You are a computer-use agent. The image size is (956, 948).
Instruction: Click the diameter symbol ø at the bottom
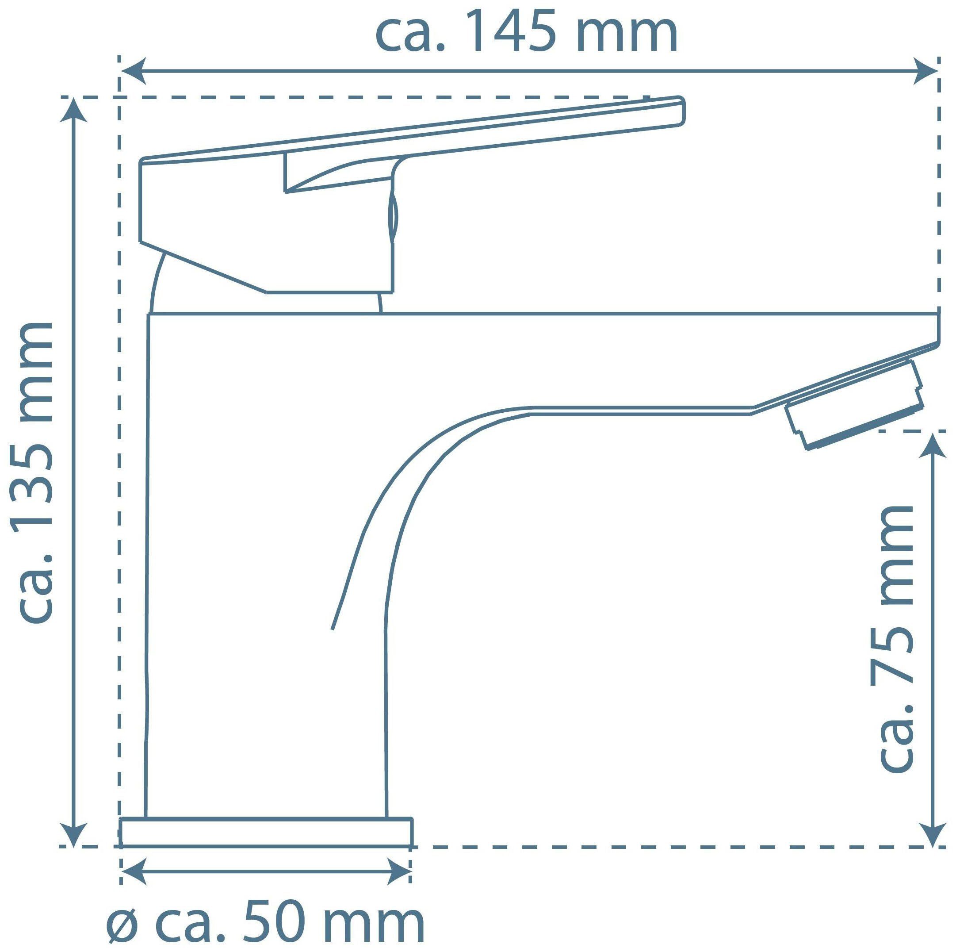[122, 919]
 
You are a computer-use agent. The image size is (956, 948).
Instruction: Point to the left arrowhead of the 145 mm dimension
[133, 71]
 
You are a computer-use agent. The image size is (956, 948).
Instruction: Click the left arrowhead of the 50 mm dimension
[134, 870]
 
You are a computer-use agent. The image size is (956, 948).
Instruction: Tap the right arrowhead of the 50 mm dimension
[399, 870]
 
